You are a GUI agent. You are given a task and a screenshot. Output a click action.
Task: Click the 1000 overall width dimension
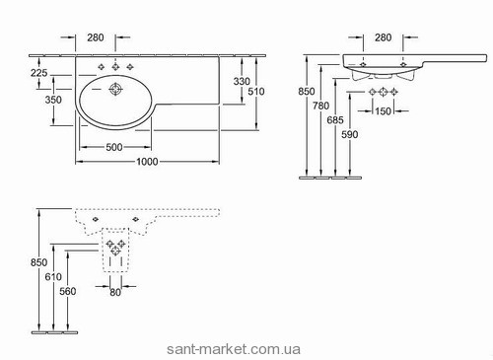pyautogui.click(x=147, y=162)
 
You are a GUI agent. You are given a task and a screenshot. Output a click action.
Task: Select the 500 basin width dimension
pyautogui.click(x=114, y=147)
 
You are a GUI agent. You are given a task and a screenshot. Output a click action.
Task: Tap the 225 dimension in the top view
pyautogui.click(x=39, y=73)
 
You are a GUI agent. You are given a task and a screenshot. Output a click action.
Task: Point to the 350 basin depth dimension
pyautogui.click(x=53, y=100)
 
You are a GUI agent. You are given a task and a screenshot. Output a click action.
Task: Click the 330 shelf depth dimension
pyautogui.click(x=242, y=81)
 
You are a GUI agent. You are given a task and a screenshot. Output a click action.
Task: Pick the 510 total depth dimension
pyautogui.click(x=256, y=91)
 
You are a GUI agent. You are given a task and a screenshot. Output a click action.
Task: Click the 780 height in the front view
pyautogui.click(x=320, y=106)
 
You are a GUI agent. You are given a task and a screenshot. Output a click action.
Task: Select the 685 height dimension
pyautogui.click(x=335, y=120)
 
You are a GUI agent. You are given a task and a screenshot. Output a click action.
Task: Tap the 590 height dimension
pyautogui.click(x=350, y=134)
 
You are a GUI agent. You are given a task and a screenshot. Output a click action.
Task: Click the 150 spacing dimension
pyautogui.click(x=383, y=111)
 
